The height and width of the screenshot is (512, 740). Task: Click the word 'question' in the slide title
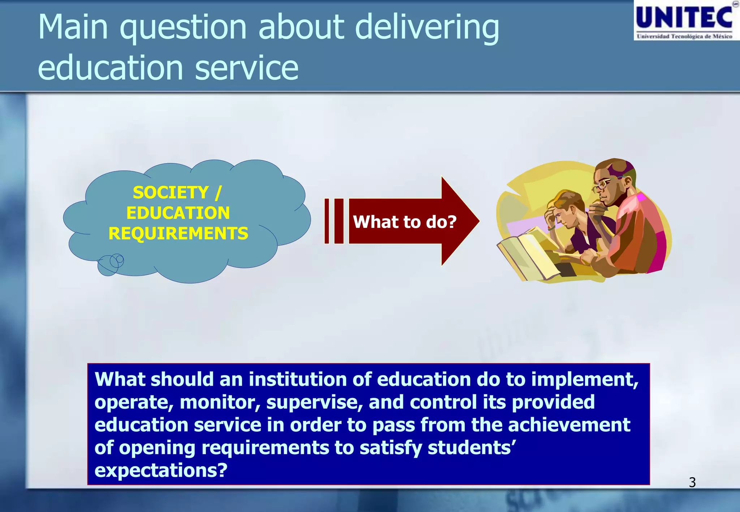point(183,28)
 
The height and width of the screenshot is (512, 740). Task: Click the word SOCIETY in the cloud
point(171,192)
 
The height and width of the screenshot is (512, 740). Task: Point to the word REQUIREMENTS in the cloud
point(178,234)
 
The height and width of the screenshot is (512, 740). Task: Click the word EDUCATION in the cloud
point(178,213)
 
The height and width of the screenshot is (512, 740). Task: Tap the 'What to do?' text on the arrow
point(404,222)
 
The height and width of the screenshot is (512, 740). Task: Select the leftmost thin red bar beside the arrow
point(327,221)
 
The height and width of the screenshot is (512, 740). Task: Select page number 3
point(692,482)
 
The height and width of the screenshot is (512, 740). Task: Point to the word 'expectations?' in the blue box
point(161,470)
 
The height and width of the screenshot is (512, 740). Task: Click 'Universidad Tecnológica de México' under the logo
point(684,36)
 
